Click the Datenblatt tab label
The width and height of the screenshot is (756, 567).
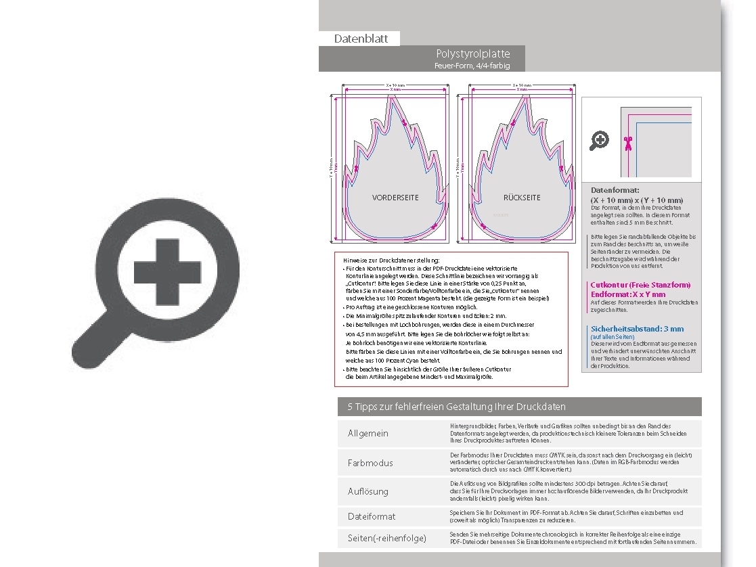coord(361,39)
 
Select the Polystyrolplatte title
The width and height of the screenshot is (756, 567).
coord(472,53)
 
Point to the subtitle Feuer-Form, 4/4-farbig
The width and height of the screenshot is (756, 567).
coord(472,66)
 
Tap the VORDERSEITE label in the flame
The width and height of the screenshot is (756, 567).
coord(395,198)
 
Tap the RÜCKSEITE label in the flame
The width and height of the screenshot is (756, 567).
coord(522,198)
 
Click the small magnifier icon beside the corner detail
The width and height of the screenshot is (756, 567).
coord(599,141)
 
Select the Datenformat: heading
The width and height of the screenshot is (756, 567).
coord(615,191)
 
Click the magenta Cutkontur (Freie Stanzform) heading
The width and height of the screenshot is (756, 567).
coord(640,285)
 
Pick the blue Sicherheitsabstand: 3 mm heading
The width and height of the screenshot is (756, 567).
coord(637,329)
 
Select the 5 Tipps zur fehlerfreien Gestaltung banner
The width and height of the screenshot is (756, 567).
coord(456,407)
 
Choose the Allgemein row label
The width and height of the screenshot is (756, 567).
coord(368,433)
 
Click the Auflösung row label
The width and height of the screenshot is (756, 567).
coord(368,491)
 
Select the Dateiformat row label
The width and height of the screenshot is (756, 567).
coord(372,516)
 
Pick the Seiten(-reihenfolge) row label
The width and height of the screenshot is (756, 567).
coord(387,538)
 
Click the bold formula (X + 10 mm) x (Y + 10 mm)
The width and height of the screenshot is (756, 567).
coord(637,200)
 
